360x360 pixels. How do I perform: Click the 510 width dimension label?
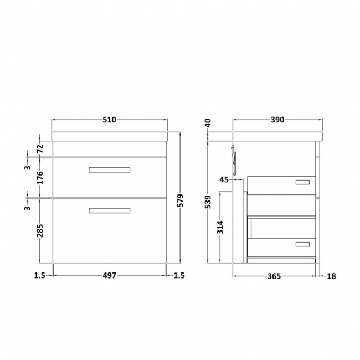[x=109, y=120]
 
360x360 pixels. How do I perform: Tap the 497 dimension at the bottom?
[x=109, y=275]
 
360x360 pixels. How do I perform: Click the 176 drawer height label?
[x=40, y=178]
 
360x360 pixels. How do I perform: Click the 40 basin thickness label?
[x=208, y=123]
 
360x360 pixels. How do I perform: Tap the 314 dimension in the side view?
[x=220, y=228]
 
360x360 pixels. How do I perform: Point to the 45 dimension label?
[x=224, y=179]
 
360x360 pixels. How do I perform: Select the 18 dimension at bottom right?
[x=331, y=275]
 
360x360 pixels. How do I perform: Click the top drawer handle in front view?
[x=109, y=169]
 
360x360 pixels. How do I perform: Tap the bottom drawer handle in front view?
[x=109, y=210]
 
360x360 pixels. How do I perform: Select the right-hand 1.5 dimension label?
[x=178, y=275]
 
